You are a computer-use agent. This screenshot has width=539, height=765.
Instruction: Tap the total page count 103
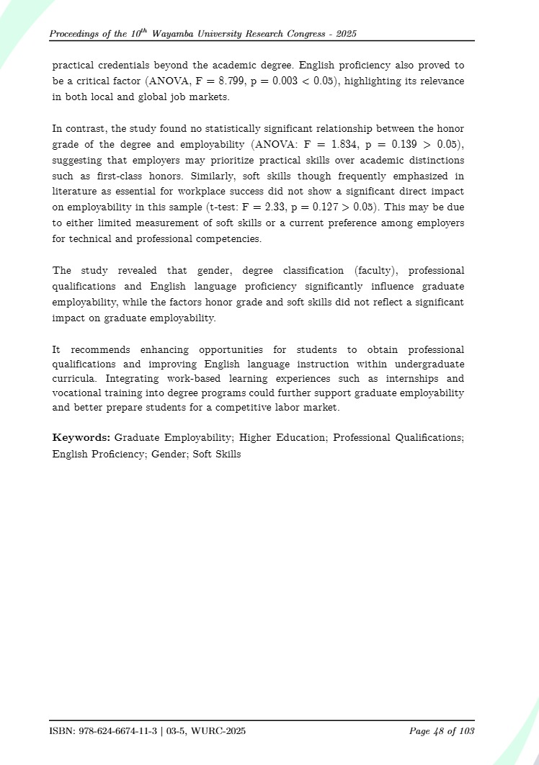pos(465,732)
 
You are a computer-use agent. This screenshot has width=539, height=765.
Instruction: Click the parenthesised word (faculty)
pos(381,271)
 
